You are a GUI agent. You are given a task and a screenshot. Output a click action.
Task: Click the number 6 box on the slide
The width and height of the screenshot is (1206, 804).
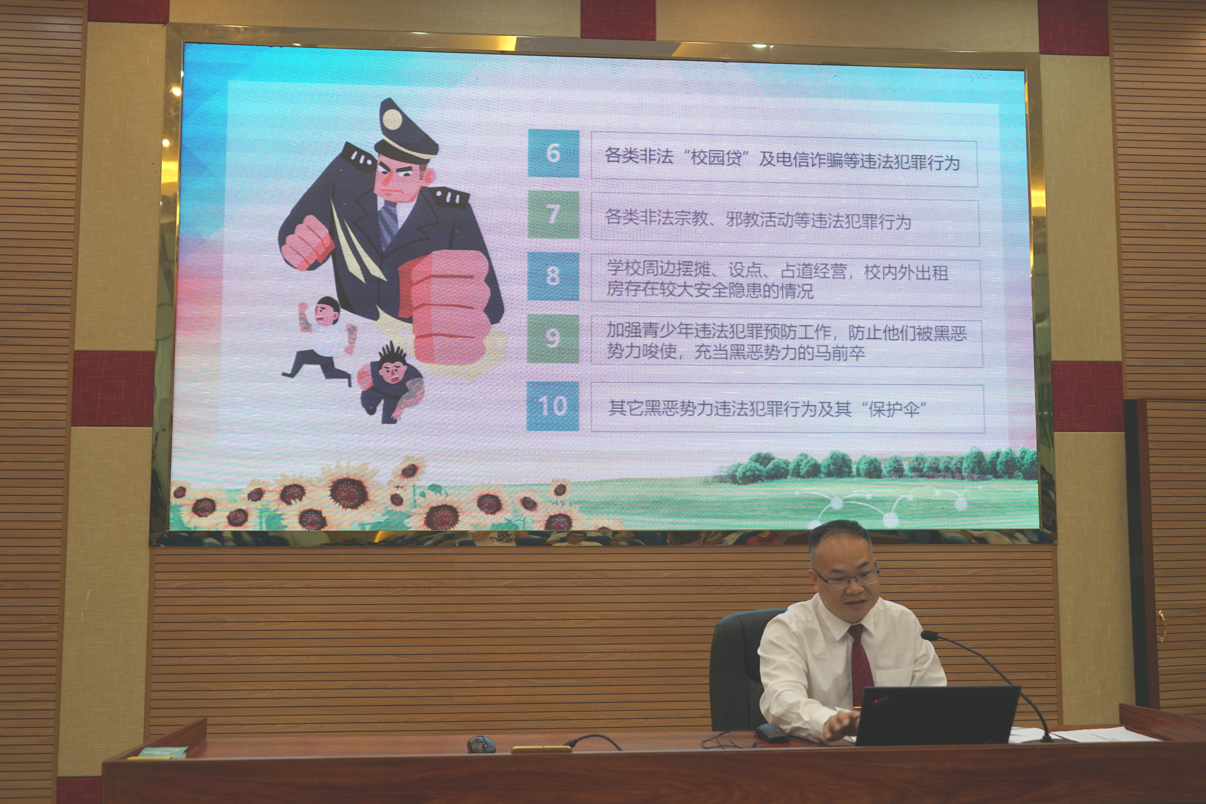pyautogui.click(x=553, y=153)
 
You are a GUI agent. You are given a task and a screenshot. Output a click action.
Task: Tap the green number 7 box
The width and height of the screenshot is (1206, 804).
pyautogui.click(x=553, y=214)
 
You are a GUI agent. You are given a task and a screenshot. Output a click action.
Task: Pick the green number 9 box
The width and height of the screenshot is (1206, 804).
pyautogui.click(x=553, y=338)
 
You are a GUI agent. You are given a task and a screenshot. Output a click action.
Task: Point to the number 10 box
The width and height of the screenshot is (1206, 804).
pyautogui.click(x=553, y=406)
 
